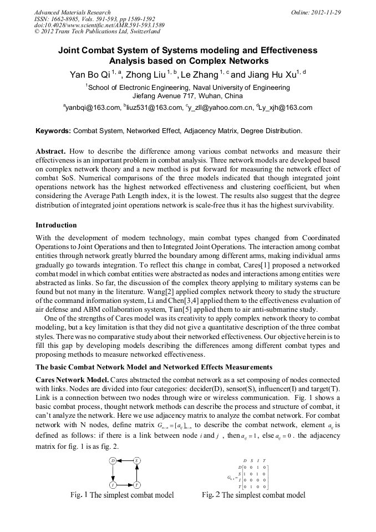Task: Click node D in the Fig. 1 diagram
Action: tap(113, 460)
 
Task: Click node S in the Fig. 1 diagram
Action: tap(136, 460)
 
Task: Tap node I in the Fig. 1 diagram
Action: tap(113, 484)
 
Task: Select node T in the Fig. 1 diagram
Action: tap(136, 484)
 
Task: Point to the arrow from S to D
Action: tap(125, 460)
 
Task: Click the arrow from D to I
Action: tap(113, 472)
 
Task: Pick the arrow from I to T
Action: tap(125, 484)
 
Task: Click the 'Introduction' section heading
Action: tap(56, 225)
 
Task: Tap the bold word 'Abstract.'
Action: tap(51, 151)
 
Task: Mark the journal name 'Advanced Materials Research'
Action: tap(73, 12)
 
